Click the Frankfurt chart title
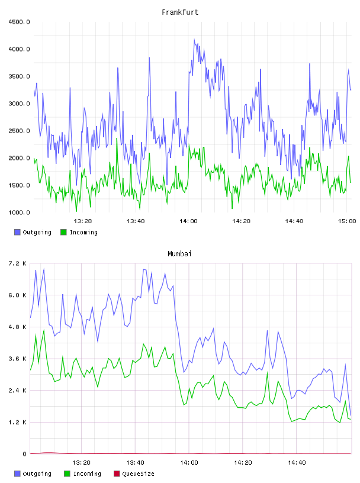point(180,12)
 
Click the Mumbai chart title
point(179,254)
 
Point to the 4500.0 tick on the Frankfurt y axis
point(19,22)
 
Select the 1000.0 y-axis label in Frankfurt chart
point(19,212)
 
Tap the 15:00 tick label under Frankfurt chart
point(347,221)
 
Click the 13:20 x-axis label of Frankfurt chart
point(83,221)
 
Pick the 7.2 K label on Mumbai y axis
point(18,263)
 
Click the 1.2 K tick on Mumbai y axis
point(18,422)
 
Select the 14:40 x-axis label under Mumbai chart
point(297,463)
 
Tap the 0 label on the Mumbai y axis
point(25,454)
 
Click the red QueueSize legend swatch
point(117,474)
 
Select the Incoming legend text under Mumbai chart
point(87,474)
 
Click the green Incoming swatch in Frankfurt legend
point(63,232)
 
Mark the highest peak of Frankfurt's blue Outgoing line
point(194,39)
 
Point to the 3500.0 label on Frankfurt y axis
point(19,76)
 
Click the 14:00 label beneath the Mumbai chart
point(189,463)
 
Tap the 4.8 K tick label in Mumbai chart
point(18,327)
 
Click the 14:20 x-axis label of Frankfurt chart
point(242,221)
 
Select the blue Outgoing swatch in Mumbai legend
point(17,474)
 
